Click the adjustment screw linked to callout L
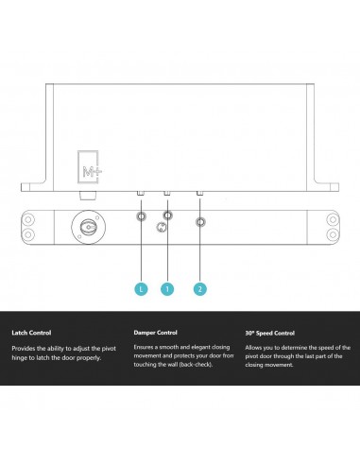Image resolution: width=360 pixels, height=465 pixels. [x=141, y=217]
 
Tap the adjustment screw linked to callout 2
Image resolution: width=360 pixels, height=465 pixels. [x=200, y=223]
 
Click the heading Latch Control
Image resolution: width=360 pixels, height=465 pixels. [x=31, y=334]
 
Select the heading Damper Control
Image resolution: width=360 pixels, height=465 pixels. [x=156, y=334]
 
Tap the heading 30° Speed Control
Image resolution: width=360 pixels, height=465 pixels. [x=270, y=334]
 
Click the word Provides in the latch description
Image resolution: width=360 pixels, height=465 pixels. [x=25, y=349]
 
